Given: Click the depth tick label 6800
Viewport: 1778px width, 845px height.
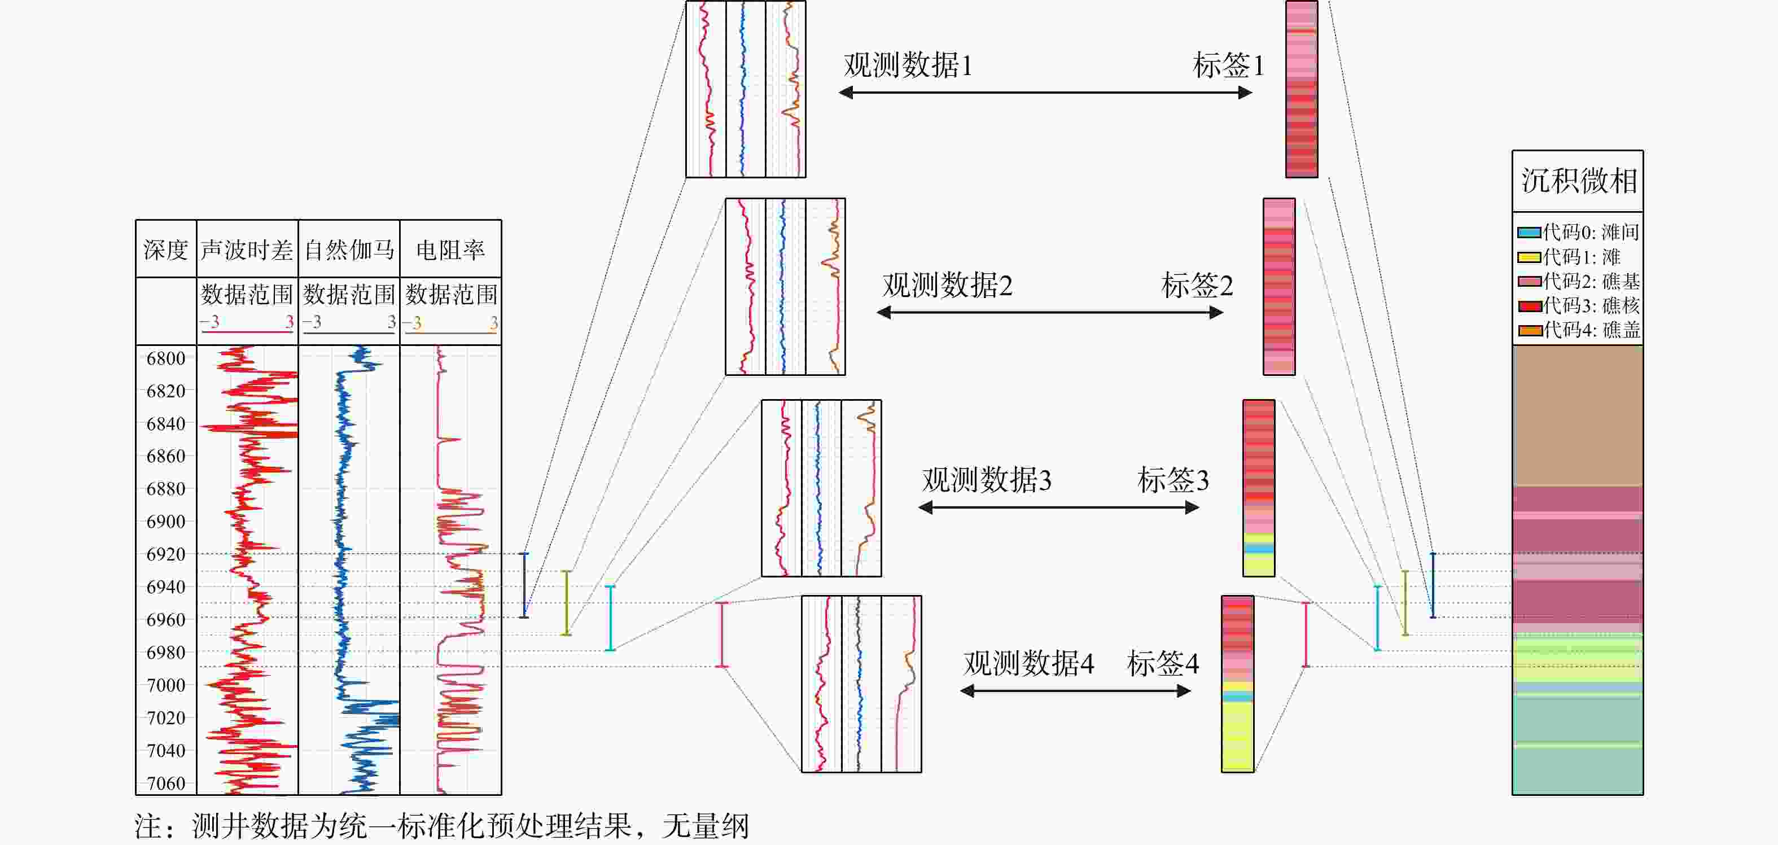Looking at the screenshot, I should point(165,358).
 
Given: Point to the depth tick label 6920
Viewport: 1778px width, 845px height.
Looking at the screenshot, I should point(165,554).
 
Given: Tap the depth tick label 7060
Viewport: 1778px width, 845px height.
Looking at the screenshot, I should point(165,783).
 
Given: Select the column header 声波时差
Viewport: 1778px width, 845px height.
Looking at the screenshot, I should point(247,250).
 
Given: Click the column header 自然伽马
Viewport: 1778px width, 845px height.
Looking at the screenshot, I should point(349,250).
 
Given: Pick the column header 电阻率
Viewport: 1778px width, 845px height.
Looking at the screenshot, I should point(451,250).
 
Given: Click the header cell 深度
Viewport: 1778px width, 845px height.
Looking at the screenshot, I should point(165,250).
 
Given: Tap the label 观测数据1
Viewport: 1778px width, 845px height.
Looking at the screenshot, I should point(908,65).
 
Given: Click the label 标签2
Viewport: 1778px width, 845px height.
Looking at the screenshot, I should point(1197,285).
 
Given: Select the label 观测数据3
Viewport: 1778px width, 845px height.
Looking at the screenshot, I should point(986,480).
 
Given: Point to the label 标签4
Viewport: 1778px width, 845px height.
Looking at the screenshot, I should point(1162,663).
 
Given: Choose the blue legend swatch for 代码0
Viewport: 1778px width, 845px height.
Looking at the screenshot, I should point(1529,233).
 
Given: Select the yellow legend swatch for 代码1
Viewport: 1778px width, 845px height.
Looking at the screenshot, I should point(1529,257).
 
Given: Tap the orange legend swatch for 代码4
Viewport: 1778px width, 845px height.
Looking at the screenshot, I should point(1529,331).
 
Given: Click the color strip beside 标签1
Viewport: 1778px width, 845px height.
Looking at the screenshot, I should point(1301,89).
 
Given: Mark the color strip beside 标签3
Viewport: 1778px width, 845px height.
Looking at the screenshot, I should point(1258,488).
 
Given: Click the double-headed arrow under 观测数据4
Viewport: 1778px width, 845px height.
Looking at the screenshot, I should point(1075,690).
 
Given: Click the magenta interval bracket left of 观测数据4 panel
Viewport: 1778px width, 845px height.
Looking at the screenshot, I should point(722,634).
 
